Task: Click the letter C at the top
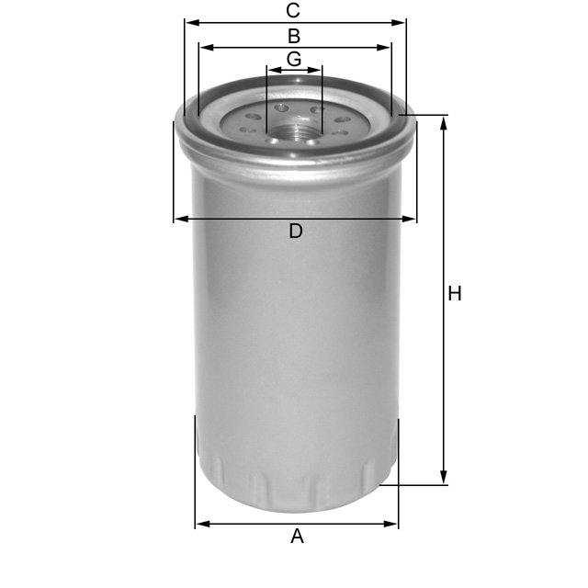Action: [293, 11]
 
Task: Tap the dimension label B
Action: [294, 37]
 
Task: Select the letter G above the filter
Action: [294, 59]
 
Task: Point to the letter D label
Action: [295, 232]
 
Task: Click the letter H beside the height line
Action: [455, 294]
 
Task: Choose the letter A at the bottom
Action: [297, 537]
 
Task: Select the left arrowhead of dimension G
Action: [271, 70]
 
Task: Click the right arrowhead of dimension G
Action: [318, 70]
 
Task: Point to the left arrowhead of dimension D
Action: [179, 219]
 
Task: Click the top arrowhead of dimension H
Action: [444, 121]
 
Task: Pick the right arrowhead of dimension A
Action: [393, 524]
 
